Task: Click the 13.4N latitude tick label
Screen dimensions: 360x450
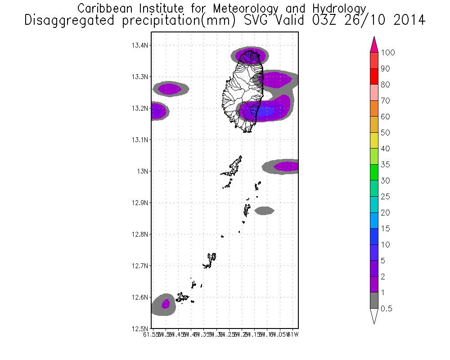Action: (x=140, y=45)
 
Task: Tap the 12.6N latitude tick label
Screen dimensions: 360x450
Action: (x=140, y=297)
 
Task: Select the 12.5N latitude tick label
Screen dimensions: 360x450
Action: (x=140, y=328)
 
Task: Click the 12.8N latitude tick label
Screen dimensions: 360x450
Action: (x=140, y=234)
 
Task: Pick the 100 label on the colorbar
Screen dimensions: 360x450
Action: (x=387, y=53)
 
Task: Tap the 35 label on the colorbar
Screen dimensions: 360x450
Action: (x=385, y=165)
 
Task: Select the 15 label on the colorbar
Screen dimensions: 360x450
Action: (x=385, y=229)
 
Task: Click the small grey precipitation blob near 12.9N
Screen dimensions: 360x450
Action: (x=264, y=210)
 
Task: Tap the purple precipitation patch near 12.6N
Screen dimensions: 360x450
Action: (x=166, y=304)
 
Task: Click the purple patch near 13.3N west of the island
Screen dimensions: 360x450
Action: (x=170, y=89)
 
